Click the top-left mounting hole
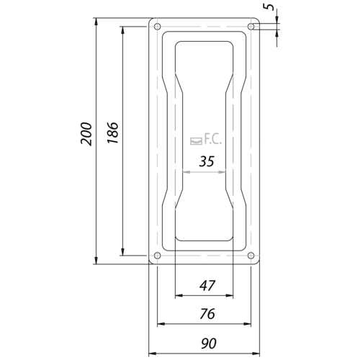click(157, 26)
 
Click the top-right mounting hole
click(251, 26)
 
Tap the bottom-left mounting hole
click(157, 256)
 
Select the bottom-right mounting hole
click(251, 256)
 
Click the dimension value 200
click(86, 134)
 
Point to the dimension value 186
click(112, 132)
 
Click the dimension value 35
click(207, 161)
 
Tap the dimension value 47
click(207, 286)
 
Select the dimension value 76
click(207, 314)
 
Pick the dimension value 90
click(209, 343)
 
